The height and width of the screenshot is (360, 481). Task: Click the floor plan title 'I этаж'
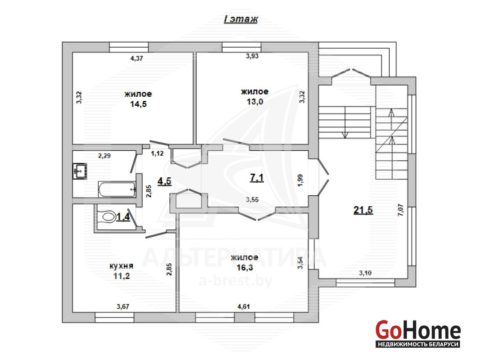(x=241, y=19)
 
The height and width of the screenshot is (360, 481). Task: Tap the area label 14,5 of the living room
(x=138, y=104)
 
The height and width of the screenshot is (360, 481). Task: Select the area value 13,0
(x=255, y=101)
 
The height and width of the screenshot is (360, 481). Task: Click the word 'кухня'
(x=122, y=266)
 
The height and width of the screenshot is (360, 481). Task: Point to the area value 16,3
(x=245, y=267)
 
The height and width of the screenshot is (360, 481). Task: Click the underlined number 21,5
(x=363, y=210)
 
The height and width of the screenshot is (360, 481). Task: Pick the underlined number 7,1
(x=257, y=178)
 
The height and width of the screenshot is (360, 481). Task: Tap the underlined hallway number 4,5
(x=164, y=181)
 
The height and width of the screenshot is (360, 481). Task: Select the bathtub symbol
(x=117, y=189)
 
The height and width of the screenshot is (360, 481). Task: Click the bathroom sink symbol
(x=80, y=171)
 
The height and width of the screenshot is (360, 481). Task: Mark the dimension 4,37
(x=137, y=58)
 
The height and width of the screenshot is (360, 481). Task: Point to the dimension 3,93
(x=252, y=56)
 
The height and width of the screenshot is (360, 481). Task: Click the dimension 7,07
(x=401, y=211)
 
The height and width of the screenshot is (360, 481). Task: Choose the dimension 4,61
(x=244, y=306)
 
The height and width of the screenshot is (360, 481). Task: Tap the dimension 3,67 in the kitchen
(x=123, y=306)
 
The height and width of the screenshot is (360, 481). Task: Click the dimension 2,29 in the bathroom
(x=104, y=156)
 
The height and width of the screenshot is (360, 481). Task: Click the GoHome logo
(x=418, y=334)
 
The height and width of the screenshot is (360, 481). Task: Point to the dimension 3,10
(x=365, y=273)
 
